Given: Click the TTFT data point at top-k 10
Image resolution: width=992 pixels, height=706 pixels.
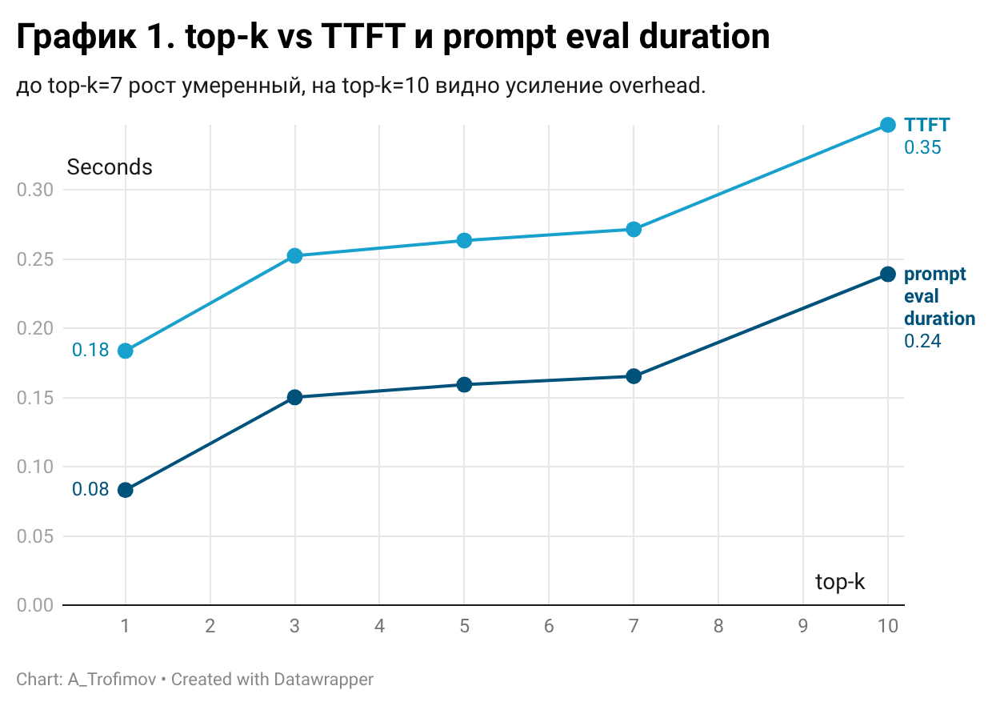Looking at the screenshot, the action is pyautogui.click(x=888, y=125).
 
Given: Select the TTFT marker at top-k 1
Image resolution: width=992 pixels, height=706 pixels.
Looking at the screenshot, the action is pyautogui.click(x=126, y=351).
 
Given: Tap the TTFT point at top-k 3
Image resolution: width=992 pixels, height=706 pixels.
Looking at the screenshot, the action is pyautogui.click(x=295, y=255).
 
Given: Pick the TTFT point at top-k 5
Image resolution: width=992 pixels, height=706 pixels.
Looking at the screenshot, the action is pyautogui.click(x=464, y=241).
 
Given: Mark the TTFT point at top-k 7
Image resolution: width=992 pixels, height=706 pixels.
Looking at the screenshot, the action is pyautogui.click(x=634, y=230).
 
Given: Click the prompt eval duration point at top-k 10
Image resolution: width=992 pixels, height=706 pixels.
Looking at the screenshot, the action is pyautogui.click(x=888, y=275).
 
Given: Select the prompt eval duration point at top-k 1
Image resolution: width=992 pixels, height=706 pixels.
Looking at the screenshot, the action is pyautogui.click(x=126, y=490).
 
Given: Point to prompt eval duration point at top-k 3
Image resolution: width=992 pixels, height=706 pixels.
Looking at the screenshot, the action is pyautogui.click(x=295, y=397).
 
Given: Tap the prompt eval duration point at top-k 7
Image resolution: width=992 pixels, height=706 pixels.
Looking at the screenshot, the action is pyautogui.click(x=634, y=376).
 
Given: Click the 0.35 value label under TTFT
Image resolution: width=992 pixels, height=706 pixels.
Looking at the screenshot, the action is pyautogui.click(x=922, y=147).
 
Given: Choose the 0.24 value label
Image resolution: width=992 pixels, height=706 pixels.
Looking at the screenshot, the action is pyautogui.click(x=922, y=341).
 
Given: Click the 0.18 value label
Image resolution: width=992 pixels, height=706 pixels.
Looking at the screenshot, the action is pyautogui.click(x=90, y=350).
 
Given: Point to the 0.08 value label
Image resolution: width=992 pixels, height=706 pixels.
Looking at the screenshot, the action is pyautogui.click(x=90, y=489).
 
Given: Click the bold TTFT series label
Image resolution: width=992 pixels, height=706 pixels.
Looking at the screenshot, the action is pyautogui.click(x=927, y=125).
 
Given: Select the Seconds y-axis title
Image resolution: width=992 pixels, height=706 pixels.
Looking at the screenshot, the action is pyautogui.click(x=110, y=167).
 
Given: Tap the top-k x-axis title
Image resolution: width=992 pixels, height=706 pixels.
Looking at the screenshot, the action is pyautogui.click(x=840, y=582).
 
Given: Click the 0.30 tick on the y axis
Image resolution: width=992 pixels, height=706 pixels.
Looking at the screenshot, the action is pyautogui.click(x=35, y=190).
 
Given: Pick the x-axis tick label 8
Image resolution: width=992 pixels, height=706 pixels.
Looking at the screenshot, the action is pyautogui.click(x=718, y=626).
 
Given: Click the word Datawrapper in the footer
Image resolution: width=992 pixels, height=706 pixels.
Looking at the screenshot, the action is pyautogui.click(x=323, y=680).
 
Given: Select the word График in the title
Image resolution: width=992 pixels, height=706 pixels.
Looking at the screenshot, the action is pyautogui.click(x=77, y=38).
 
